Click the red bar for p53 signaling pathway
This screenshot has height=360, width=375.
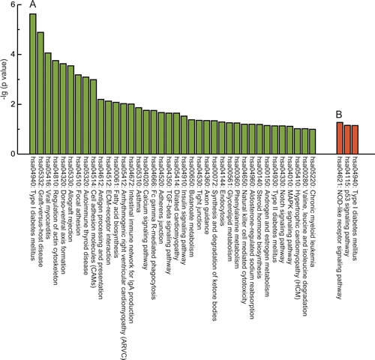pos(348,139)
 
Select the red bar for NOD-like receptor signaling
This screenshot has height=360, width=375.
pos(355,139)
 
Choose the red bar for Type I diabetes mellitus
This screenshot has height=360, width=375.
pos(340,138)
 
